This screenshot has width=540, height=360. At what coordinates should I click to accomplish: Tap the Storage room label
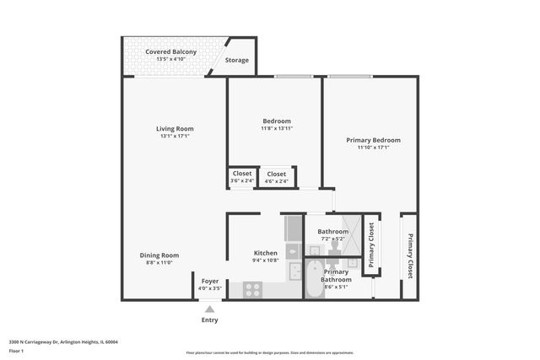pyautogui.click(x=237, y=61)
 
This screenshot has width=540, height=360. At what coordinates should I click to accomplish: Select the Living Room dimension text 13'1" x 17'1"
pyautogui.click(x=175, y=137)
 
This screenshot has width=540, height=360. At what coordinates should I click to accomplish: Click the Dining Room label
pyautogui.click(x=159, y=255)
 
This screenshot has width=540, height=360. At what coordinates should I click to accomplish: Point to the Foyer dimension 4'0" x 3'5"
pyautogui.click(x=209, y=289)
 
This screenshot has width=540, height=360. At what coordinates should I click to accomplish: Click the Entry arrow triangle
pyautogui.click(x=209, y=309)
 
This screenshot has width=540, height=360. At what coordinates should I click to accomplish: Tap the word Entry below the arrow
pyautogui.click(x=209, y=320)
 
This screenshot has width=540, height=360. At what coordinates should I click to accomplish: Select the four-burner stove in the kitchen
pyautogui.click(x=253, y=290)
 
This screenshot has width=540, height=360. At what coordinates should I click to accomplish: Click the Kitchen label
pyautogui.click(x=266, y=253)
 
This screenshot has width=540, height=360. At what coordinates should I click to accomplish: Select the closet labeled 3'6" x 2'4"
pyautogui.click(x=242, y=177)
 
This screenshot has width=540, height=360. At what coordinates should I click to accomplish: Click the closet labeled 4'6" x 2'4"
pyautogui.click(x=276, y=177)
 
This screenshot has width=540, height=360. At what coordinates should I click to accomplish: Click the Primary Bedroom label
pyautogui.click(x=373, y=140)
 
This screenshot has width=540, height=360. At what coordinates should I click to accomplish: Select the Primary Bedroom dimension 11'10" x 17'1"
pyautogui.click(x=373, y=148)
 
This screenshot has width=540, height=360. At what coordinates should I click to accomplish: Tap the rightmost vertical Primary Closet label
pyautogui.click(x=410, y=256)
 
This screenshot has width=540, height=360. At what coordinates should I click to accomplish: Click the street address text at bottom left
pyautogui.click(x=63, y=342)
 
